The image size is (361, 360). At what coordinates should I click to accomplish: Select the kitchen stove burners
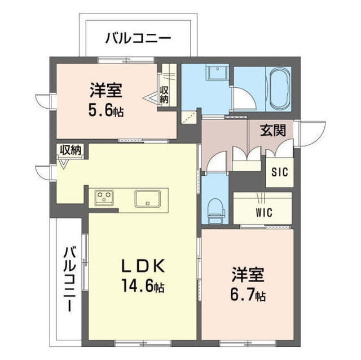[104, 197]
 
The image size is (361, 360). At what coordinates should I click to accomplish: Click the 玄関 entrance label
[272, 130]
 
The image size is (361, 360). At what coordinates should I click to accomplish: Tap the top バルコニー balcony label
[138, 39]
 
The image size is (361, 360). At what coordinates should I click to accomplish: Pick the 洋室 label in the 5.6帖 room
[105, 90]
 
